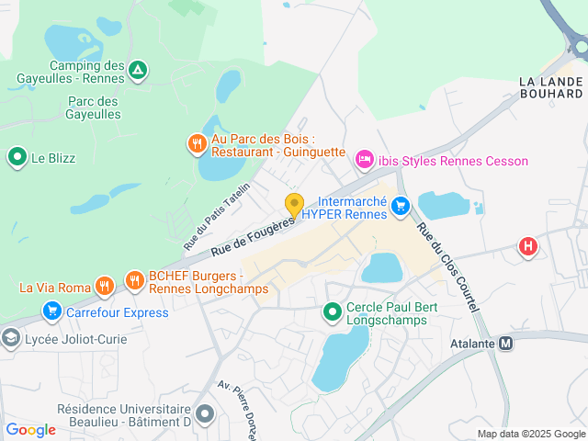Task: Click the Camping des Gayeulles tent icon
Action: [x=137, y=69]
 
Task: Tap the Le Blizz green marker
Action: [x=17, y=157]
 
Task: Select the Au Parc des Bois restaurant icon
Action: [x=197, y=143]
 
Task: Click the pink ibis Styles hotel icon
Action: [x=364, y=161]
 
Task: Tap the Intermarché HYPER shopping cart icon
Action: [x=400, y=207]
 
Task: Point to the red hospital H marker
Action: [x=527, y=246]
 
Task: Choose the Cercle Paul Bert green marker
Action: [x=333, y=313]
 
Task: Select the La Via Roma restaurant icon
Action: [x=106, y=286]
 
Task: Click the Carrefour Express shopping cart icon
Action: [x=52, y=312]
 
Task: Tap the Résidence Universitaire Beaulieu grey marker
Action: [x=205, y=414]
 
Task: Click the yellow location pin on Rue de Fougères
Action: [x=294, y=204]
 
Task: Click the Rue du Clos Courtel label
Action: [x=447, y=267]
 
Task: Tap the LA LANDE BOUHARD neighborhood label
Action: [x=550, y=88]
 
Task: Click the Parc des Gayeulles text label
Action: [x=94, y=107]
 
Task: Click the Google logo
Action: [x=30, y=429]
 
